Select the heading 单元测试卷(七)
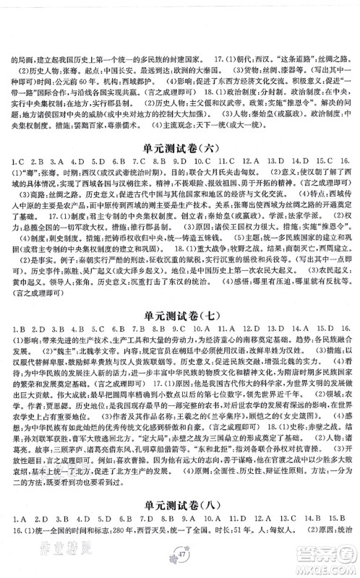(x=180, y=315)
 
